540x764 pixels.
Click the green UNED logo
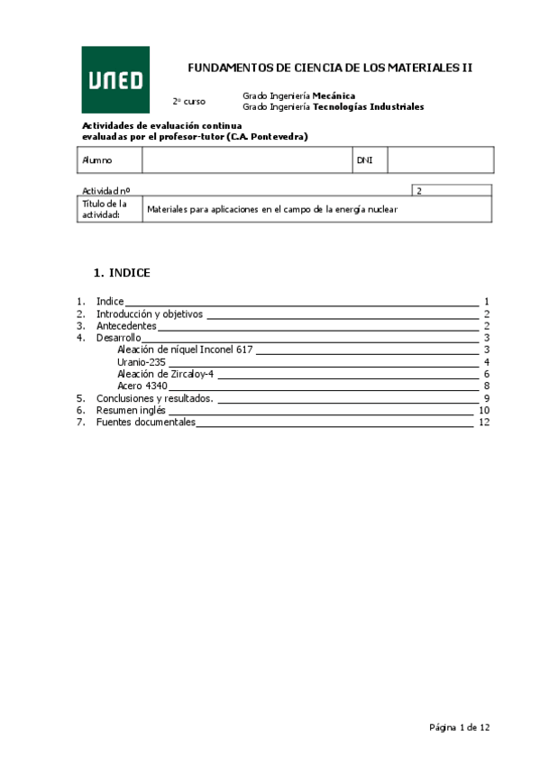pyautogui.click(x=116, y=79)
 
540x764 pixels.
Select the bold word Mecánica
pyautogui.click(x=334, y=95)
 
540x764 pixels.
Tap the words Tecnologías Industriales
pyautogui.click(x=368, y=106)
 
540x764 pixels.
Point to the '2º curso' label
pyautogui.click(x=188, y=101)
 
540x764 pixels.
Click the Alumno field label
pyautogui.click(x=96, y=159)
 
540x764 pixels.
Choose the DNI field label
pyautogui.click(x=364, y=159)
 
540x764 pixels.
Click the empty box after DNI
pyautogui.click(x=440, y=159)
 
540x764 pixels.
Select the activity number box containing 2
pyautogui.click(x=452, y=190)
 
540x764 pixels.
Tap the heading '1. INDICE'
pyautogui.click(x=122, y=272)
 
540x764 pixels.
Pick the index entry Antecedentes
pyautogui.click(x=126, y=325)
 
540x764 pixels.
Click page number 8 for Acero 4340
pyautogui.click(x=486, y=386)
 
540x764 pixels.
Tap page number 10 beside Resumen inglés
pyautogui.click(x=484, y=410)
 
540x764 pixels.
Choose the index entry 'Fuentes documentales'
pyautogui.click(x=145, y=422)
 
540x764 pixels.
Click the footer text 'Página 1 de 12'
pyautogui.click(x=460, y=726)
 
